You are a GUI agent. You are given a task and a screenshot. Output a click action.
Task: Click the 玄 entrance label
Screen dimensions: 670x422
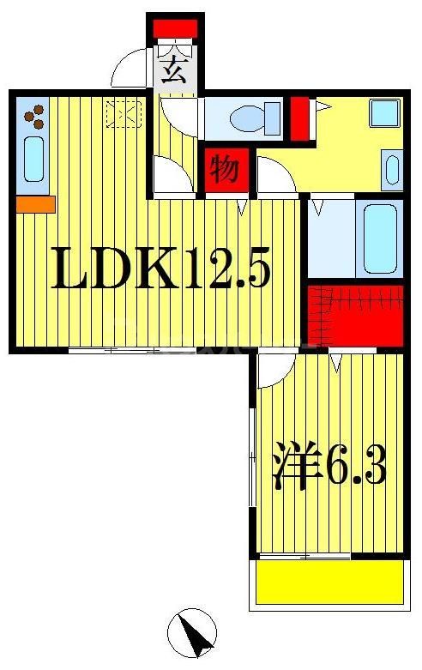[175, 69]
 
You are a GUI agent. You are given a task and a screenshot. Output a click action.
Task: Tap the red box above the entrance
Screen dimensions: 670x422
[175, 28]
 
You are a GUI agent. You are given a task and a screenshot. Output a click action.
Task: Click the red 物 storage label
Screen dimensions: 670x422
[225, 170]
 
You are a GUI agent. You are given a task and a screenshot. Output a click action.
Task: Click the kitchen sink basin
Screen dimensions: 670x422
[33, 161]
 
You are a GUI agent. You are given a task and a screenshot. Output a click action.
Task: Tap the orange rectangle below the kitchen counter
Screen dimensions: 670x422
[35, 204]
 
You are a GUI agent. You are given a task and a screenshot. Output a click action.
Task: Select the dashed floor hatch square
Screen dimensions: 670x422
[123, 113]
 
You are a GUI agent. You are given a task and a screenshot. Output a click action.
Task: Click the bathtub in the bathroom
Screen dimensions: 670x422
[378, 238]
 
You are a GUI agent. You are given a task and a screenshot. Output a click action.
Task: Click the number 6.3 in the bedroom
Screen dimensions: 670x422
[354, 468]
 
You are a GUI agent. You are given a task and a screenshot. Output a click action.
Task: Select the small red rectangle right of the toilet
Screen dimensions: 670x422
[298, 119]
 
